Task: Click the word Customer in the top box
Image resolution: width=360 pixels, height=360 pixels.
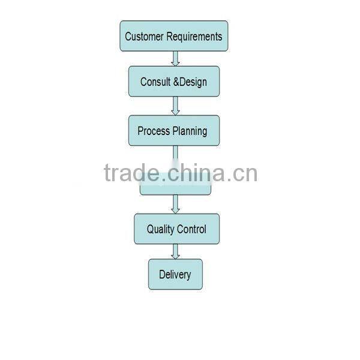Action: point(144,36)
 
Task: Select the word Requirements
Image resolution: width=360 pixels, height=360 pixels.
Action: point(194,36)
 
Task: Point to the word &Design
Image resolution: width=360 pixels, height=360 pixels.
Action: point(190,82)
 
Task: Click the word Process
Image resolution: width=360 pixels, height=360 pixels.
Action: point(154,131)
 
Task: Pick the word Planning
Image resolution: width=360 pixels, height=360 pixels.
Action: point(190,131)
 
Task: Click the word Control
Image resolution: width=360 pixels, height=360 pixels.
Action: point(192,229)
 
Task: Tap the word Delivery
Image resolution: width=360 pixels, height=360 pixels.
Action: point(175,275)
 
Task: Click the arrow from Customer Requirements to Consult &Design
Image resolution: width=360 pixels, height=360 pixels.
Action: point(175,58)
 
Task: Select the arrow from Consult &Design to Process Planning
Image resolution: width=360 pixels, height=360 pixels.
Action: point(175,106)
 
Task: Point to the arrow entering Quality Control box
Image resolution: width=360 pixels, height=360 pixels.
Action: point(175,204)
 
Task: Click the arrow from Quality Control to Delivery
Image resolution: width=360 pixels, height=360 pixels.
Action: point(175,251)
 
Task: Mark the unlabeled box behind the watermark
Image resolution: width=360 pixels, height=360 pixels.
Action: point(175,188)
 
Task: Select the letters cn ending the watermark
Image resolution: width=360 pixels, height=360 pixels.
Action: point(245,174)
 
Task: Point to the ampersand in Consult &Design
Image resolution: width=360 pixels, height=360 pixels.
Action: point(176,82)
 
